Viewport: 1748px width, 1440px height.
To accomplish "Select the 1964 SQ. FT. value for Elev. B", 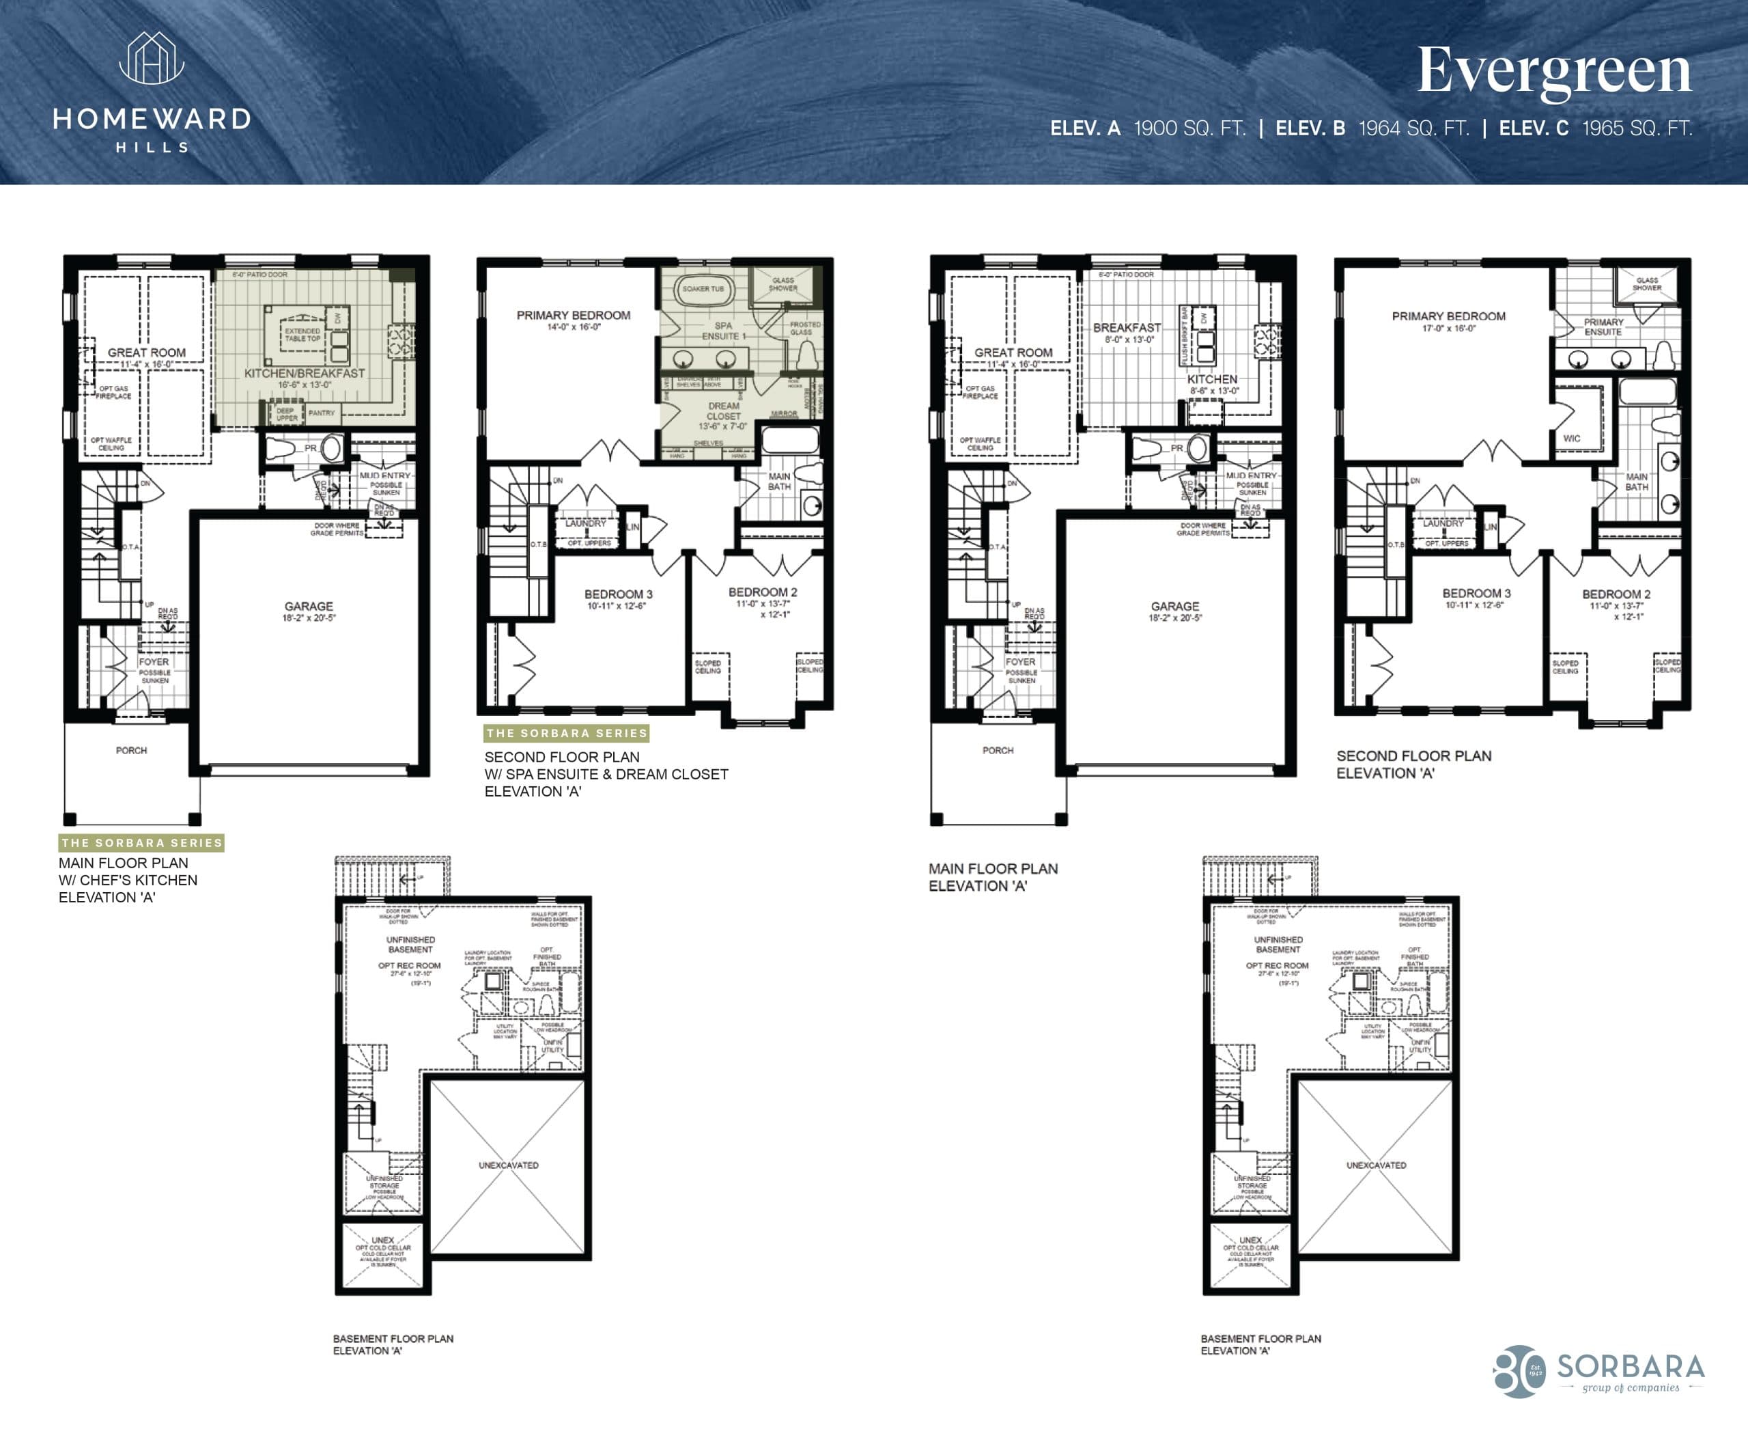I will (1413, 128).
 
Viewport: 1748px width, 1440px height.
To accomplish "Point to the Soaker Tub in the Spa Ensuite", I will (703, 290).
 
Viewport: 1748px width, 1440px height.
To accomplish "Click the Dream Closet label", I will (723, 411).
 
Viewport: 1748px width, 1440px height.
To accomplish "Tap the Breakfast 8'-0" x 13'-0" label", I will (1127, 333).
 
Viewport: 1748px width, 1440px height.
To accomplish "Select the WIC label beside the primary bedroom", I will (1571, 438).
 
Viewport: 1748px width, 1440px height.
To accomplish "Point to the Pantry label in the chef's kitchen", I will (321, 413).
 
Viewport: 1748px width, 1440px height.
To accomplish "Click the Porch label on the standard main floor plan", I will (998, 750).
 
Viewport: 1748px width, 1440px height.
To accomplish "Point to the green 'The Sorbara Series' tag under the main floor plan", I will (141, 843).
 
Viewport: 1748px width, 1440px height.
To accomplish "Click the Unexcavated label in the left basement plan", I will (508, 1165).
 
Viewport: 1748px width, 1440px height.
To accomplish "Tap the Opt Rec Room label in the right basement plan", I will (1276, 965).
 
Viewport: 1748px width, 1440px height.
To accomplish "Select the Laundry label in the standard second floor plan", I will (1443, 523).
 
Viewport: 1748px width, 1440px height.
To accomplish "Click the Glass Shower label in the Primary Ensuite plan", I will (1647, 283).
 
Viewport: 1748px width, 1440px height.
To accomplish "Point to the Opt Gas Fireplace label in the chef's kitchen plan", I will (113, 392).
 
